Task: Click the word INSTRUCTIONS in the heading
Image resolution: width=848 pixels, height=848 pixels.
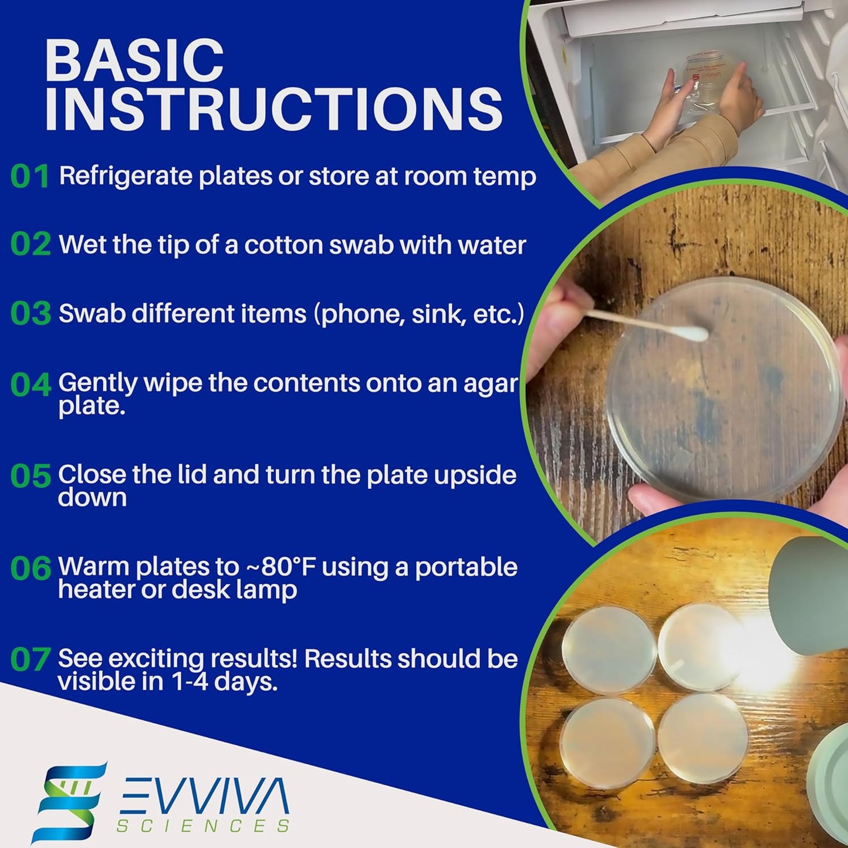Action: [x=273, y=109]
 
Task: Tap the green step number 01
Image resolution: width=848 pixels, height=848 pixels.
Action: [x=30, y=177]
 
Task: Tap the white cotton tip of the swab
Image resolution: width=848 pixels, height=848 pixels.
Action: [x=694, y=334]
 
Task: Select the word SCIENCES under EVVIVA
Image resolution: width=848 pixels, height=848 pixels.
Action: [x=203, y=826]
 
